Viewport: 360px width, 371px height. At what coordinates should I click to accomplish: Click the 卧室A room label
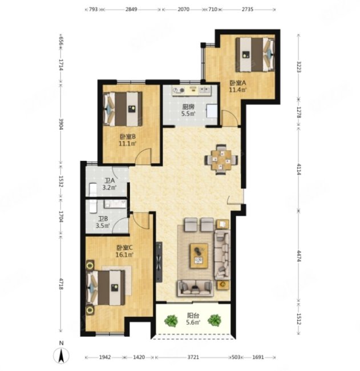click(x=238, y=83)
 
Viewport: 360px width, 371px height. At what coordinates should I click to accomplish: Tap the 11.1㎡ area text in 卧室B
click(x=128, y=143)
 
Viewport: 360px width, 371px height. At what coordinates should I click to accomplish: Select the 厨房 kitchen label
click(x=188, y=107)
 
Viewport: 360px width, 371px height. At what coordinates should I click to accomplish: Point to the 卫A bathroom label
click(x=110, y=180)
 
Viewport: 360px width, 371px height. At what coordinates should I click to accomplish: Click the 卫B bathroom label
click(x=103, y=219)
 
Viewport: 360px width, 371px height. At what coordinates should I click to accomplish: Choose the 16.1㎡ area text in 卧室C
click(x=124, y=255)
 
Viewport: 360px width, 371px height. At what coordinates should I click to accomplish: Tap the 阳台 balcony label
click(x=193, y=316)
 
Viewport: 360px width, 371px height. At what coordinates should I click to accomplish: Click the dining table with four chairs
click(x=221, y=159)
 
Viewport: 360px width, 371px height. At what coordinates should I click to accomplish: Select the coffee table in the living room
click(x=199, y=256)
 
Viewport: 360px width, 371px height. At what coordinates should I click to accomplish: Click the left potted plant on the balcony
click(x=171, y=321)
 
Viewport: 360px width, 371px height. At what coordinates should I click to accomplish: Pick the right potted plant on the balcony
click(x=215, y=320)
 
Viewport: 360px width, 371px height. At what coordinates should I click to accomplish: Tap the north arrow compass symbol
click(x=61, y=355)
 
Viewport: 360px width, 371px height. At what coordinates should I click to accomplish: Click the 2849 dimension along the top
click(x=131, y=9)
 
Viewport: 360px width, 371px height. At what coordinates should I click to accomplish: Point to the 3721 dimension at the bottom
click(x=193, y=357)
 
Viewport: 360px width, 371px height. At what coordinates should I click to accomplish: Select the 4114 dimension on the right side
click(x=299, y=169)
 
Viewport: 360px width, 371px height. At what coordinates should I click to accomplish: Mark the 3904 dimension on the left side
click(x=60, y=124)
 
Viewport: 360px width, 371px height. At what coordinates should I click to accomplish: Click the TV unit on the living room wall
click(x=159, y=262)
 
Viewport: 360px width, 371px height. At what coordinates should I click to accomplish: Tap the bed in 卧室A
click(x=255, y=55)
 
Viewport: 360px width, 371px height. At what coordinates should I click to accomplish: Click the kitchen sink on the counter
click(x=204, y=90)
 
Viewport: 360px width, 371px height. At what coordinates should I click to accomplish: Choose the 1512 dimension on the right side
click(x=299, y=319)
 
